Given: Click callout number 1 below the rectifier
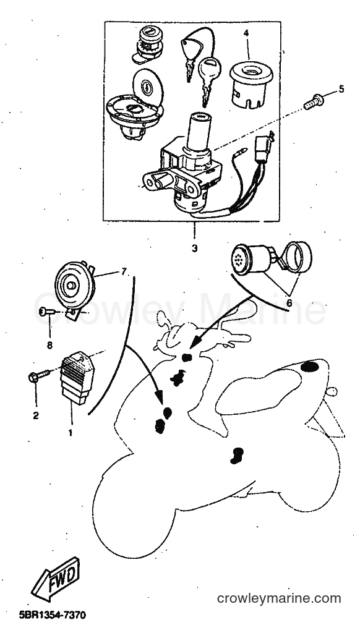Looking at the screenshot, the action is [71, 432].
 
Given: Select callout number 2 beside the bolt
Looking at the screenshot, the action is [36, 415].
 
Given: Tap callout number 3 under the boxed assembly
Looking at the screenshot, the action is [194, 249].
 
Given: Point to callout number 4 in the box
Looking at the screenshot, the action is [246, 33].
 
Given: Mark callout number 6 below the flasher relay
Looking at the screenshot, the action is [289, 303].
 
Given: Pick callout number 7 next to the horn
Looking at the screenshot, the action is [124, 272].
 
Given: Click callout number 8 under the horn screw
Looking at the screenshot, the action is [50, 345].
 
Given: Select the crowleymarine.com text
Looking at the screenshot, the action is [279, 598].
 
